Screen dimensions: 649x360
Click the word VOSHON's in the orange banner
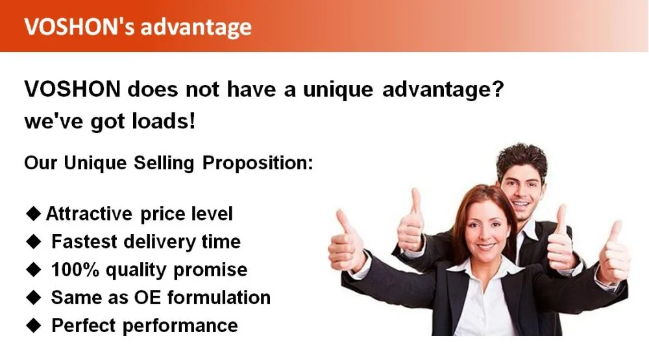(79, 27)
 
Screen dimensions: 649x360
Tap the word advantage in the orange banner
(196, 28)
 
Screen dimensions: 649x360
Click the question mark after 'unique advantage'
(498, 89)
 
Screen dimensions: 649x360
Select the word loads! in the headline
(164, 121)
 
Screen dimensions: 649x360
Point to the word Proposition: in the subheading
(258, 163)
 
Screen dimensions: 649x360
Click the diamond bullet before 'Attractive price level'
(34, 213)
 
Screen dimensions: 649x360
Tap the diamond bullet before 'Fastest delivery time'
(34, 242)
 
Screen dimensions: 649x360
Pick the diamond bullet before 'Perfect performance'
(34, 325)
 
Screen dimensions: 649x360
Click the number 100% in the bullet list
(75, 269)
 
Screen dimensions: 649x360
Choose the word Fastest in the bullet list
(84, 242)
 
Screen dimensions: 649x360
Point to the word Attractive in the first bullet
(89, 213)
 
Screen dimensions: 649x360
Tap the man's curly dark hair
(522, 160)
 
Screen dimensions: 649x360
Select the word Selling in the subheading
(164, 163)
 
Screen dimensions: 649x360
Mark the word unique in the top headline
(337, 90)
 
